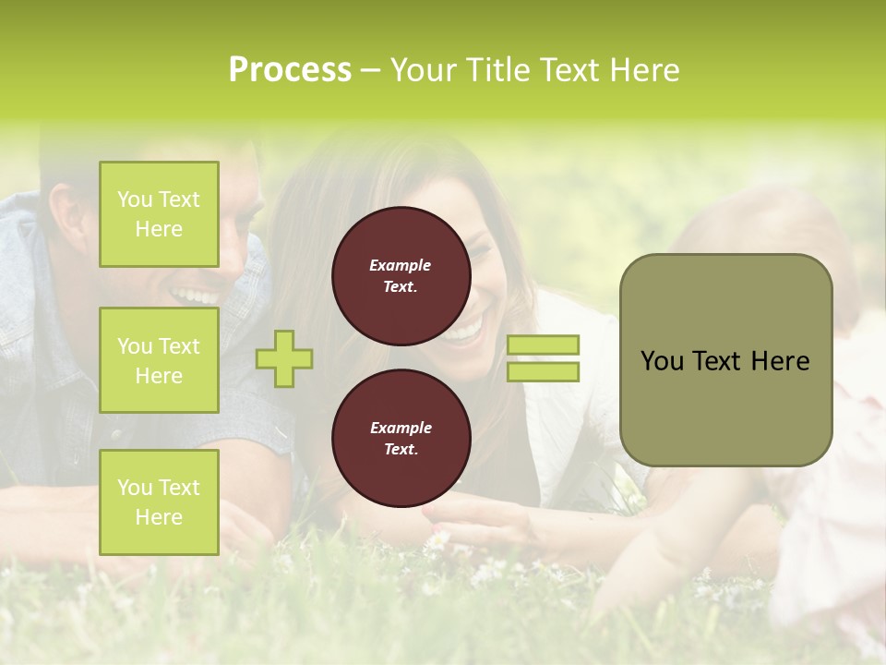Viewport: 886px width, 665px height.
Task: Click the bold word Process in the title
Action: [x=290, y=70]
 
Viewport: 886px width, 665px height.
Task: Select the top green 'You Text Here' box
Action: [x=159, y=214]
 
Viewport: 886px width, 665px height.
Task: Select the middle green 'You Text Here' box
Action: [x=159, y=360]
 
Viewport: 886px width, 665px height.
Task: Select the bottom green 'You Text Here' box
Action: [x=159, y=502]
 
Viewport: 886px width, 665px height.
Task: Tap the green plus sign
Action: [x=284, y=358]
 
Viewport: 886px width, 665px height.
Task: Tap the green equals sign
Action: [x=543, y=358]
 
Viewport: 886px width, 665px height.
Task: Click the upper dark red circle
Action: [x=401, y=276]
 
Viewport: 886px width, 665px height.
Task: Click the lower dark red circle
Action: [x=401, y=439]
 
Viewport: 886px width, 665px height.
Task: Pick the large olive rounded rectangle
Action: [x=725, y=360]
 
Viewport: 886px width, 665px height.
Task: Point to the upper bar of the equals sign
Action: [x=543, y=345]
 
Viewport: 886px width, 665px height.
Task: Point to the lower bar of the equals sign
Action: [x=543, y=371]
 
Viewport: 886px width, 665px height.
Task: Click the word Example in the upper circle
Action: [x=401, y=265]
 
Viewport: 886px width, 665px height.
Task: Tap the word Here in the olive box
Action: [x=780, y=361]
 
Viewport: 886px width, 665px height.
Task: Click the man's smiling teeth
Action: [x=195, y=296]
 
